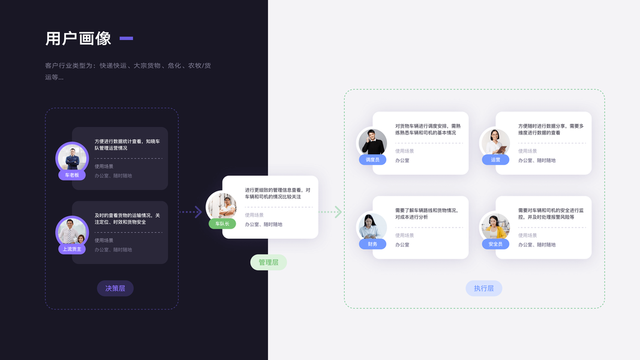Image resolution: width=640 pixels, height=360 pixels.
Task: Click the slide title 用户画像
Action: coord(79,38)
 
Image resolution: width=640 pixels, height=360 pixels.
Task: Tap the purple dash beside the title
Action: coord(126,38)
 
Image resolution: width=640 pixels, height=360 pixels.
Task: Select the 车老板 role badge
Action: coord(72,175)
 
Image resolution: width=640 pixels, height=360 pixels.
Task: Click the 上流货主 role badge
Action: coord(72,249)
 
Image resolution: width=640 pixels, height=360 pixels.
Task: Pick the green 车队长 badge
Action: coord(222,224)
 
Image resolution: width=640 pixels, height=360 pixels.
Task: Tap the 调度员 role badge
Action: coord(372,160)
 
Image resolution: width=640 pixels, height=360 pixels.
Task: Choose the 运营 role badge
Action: coord(495,160)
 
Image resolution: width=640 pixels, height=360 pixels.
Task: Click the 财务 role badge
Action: coord(372,244)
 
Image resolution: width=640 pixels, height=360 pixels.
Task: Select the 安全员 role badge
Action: coord(495,244)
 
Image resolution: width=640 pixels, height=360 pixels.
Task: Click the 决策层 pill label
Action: coord(115,289)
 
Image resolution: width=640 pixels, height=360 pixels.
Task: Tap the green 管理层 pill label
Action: coord(268,262)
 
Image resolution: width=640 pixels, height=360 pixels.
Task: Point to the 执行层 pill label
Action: coord(483,289)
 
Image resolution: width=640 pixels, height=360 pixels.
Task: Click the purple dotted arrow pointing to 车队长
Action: coord(191,212)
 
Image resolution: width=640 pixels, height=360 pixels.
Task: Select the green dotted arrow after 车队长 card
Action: coord(330,212)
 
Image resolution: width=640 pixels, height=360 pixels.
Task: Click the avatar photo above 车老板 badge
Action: coord(72,157)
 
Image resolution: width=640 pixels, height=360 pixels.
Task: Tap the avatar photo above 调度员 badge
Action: coord(372,142)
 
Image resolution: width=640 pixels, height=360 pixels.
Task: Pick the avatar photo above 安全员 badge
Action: coord(495,226)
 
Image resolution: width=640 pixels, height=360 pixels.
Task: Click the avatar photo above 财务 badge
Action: coord(372,226)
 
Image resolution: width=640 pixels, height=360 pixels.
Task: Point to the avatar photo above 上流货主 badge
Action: coord(72,231)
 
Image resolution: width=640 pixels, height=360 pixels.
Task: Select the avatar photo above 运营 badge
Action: coord(495,142)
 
